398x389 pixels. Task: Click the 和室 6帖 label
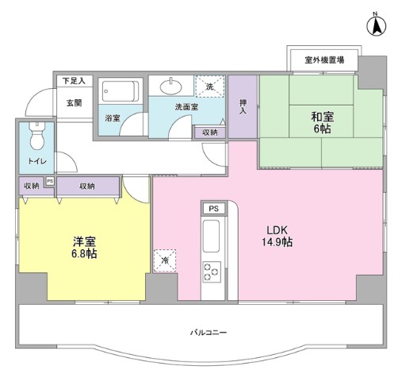(322, 123)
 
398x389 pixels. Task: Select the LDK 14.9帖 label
(277, 236)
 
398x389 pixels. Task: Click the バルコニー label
(208, 332)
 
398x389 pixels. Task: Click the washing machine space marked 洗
(211, 87)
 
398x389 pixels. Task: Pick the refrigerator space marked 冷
(165, 260)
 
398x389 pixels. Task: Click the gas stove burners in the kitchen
(212, 272)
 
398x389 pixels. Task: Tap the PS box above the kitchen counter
(212, 209)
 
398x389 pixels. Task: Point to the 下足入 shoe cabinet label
(75, 80)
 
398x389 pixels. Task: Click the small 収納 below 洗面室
(209, 133)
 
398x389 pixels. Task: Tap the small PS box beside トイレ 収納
(49, 182)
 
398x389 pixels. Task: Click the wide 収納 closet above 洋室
(87, 186)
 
